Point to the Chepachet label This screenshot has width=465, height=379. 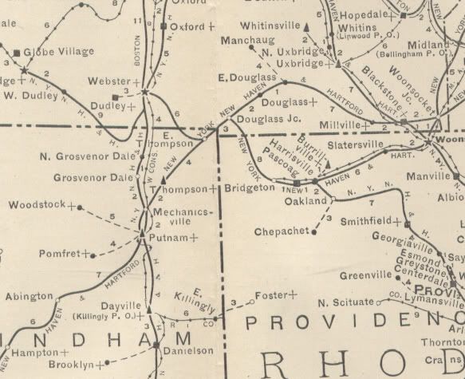[281, 231]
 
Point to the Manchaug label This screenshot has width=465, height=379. [247, 39]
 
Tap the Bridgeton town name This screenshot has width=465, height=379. [250, 189]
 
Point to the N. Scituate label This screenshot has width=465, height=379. [345, 302]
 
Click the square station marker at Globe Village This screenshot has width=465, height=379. [18, 53]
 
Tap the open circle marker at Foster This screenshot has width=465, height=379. [253, 302]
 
